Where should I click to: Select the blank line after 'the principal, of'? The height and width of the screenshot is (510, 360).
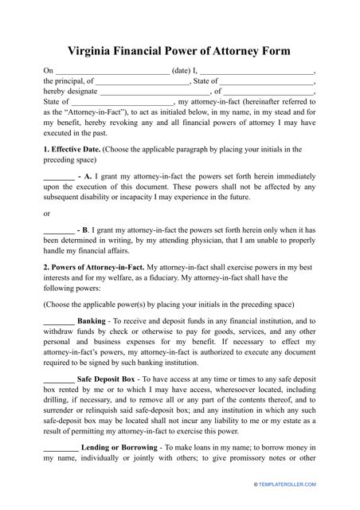coord(143,81)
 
